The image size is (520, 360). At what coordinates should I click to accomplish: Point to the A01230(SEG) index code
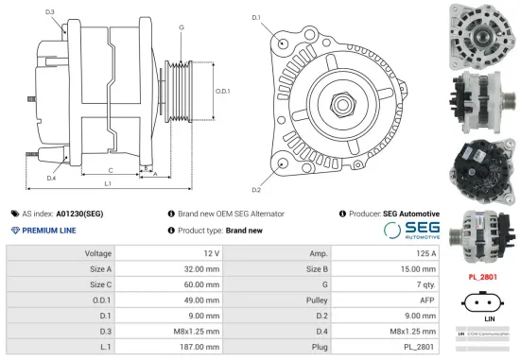click(x=79, y=214)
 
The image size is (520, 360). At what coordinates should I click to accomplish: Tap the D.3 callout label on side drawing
click(x=49, y=11)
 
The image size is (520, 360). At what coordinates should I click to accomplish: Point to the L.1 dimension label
click(x=108, y=182)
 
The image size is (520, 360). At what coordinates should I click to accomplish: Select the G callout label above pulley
click(x=181, y=27)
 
